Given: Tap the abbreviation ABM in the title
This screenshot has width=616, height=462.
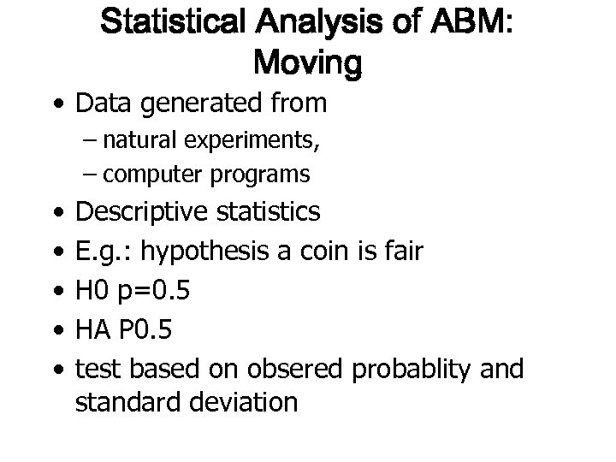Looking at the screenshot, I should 462,24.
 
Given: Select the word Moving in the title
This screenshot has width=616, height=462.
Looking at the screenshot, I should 308,62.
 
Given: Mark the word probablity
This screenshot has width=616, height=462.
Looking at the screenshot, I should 423,370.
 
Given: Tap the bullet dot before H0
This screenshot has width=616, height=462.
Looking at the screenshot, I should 56,293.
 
